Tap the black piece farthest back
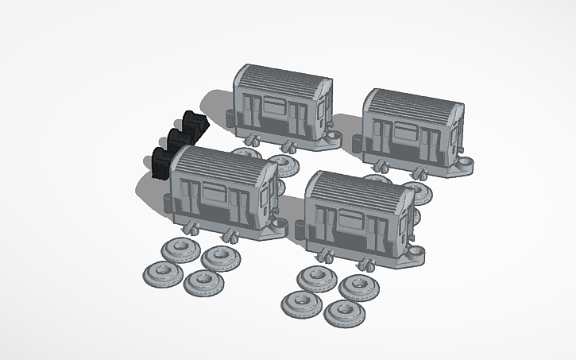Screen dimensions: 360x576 pyautogui.click(x=193, y=123)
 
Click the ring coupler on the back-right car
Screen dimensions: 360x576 pyautogui.click(x=466, y=164)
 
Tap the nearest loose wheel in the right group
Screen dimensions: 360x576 pyautogui.click(x=343, y=311)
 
